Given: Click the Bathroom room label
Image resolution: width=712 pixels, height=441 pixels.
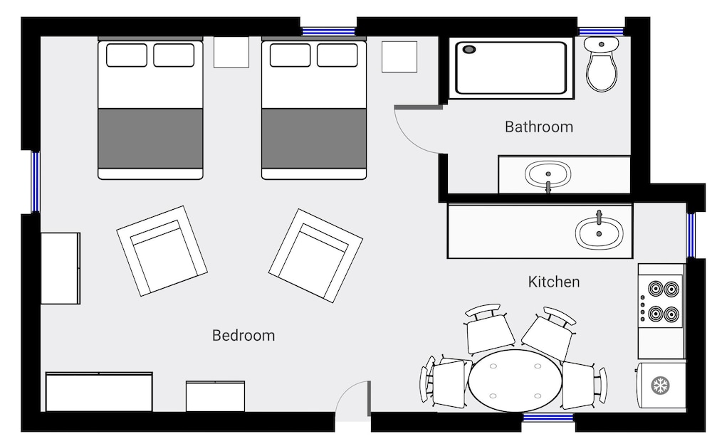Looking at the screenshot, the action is click(x=538, y=127).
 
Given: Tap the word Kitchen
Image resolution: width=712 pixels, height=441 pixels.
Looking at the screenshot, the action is click(x=553, y=282).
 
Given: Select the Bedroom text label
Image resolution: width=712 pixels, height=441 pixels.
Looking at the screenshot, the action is click(x=244, y=335).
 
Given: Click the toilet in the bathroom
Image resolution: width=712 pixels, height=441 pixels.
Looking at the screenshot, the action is click(x=601, y=64).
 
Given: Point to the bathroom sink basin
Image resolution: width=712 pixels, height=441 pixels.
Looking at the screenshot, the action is click(x=548, y=174).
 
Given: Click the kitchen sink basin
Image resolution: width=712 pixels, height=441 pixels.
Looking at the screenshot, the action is click(x=599, y=233).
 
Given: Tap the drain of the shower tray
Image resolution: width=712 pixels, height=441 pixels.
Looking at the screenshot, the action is click(x=469, y=49).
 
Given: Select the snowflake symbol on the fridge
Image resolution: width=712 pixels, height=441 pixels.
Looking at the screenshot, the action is click(x=661, y=386).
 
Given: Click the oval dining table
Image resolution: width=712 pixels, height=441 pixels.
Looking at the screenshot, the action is click(x=515, y=381).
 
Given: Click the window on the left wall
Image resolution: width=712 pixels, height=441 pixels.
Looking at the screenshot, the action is click(x=35, y=182).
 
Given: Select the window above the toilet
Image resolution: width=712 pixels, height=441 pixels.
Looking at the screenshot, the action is click(x=601, y=32).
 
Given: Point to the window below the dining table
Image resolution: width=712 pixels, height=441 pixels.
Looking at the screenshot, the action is click(x=548, y=417).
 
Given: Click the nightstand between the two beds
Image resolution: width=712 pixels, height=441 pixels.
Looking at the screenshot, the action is click(x=231, y=52).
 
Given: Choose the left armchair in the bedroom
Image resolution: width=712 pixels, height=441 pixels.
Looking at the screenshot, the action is click(x=162, y=251).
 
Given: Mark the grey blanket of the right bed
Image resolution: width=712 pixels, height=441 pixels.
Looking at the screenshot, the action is click(x=314, y=138).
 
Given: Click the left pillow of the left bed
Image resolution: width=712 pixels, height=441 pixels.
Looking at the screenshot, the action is click(x=127, y=55).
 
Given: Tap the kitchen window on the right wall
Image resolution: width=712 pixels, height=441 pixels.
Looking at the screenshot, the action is click(x=690, y=235).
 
